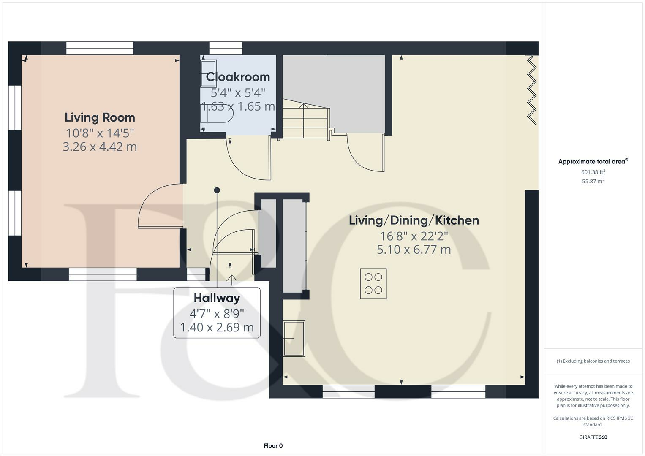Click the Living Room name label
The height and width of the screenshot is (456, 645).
(100, 117)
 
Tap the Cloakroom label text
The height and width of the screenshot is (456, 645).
(238, 77)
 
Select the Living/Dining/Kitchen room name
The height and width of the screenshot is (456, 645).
(414, 220)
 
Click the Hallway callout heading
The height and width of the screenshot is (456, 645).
(217, 298)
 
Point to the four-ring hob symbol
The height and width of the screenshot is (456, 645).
(373, 284)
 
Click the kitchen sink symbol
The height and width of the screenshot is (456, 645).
(294, 338)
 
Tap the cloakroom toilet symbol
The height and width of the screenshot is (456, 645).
(218, 114)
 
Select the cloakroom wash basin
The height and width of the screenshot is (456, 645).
(209, 73)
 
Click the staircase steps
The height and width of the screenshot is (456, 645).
(305, 122)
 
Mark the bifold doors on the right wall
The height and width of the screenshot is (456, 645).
(532, 90)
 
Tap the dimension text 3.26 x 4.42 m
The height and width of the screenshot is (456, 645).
(100, 147)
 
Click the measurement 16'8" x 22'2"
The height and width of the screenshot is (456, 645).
(414, 236)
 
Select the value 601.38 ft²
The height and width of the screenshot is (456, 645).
(593, 172)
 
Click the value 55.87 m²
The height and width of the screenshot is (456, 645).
(593, 181)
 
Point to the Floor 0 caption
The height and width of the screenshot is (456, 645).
(273, 445)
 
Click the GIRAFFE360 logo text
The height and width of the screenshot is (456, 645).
(593, 437)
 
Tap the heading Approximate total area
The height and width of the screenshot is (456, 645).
(593, 161)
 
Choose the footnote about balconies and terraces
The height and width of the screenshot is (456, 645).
(593, 361)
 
